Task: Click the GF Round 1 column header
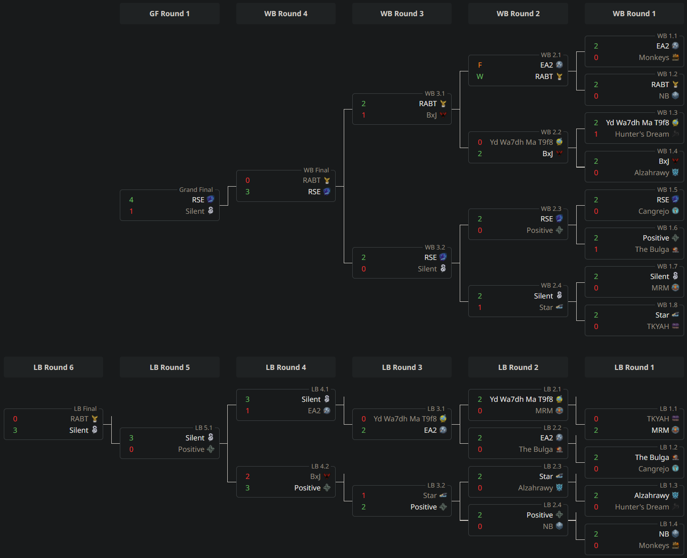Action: (x=169, y=14)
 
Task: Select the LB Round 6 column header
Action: (x=53, y=368)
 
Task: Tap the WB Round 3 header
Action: (x=402, y=14)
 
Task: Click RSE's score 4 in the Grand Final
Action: (x=131, y=200)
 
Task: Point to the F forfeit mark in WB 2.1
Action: (x=480, y=65)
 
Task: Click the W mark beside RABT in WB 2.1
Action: (x=480, y=77)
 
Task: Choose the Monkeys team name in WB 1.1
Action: (x=654, y=58)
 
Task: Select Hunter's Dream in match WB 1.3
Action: (x=641, y=134)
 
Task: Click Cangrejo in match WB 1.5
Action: (x=653, y=211)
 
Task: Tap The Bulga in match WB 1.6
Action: (x=651, y=249)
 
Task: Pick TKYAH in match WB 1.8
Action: (x=658, y=327)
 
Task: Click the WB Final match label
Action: (x=316, y=170)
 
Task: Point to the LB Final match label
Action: (x=85, y=409)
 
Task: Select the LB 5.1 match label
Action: (x=203, y=428)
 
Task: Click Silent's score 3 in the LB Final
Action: (x=15, y=430)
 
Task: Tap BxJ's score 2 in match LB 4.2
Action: (x=248, y=477)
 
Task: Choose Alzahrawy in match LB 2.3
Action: (x=535, y=488)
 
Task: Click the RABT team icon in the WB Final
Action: (x=327, y=180)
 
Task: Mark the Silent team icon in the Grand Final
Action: (x=211, y=211)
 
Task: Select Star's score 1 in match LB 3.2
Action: (x=364, y=496)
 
